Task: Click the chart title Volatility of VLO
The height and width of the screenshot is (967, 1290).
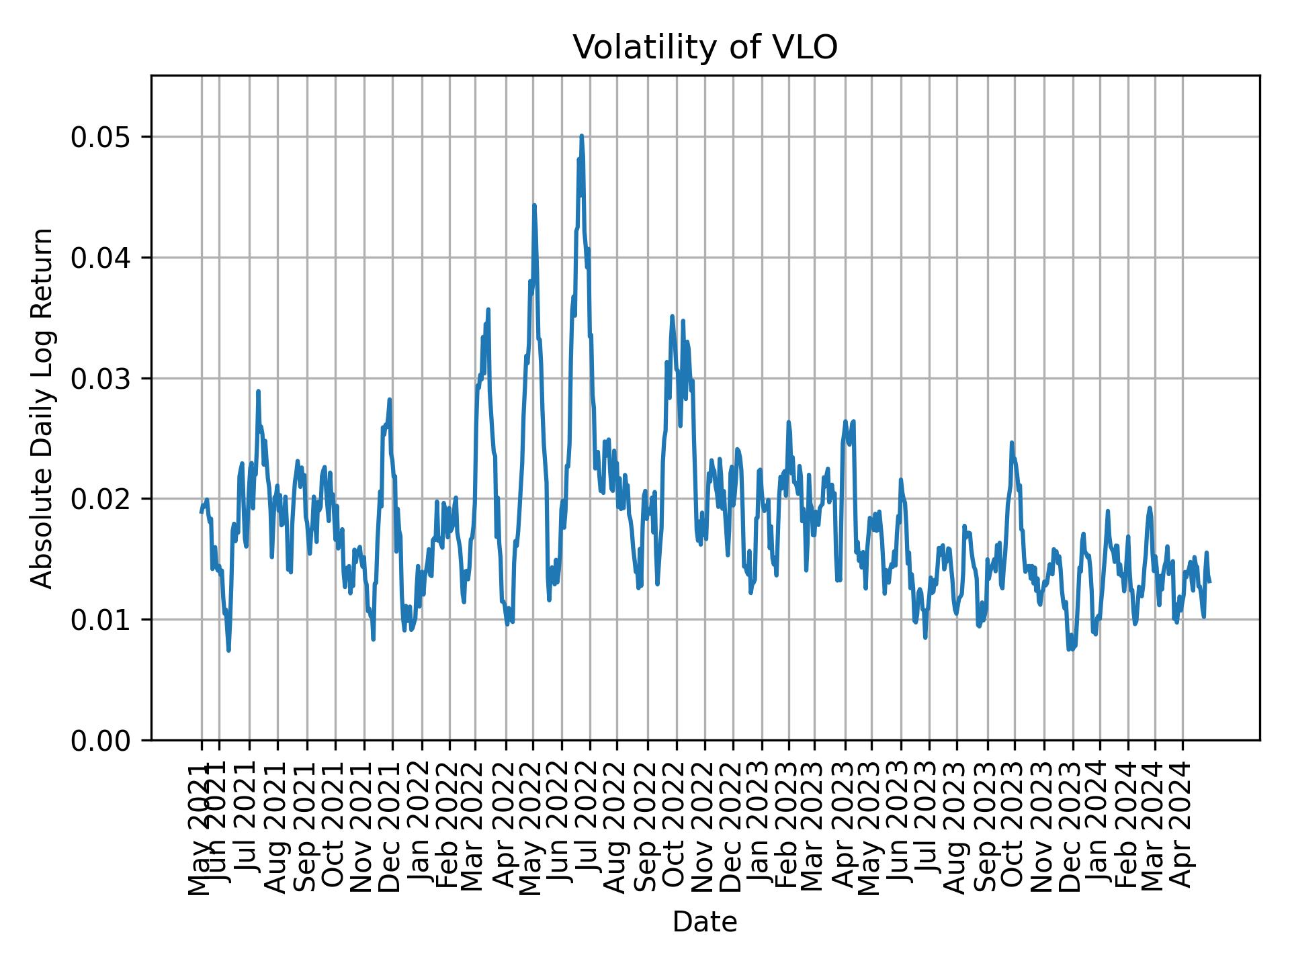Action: click(x=705, y=48)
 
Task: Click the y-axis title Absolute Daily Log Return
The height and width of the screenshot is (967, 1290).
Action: click(x=43, y=408)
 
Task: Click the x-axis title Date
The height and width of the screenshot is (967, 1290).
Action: click(x=705, y=922)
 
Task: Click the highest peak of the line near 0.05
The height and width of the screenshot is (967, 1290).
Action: click(x=582, y=136)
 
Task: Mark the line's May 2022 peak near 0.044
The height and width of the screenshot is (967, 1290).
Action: click(x=534, y=205)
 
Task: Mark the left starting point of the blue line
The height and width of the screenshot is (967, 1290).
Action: click(x=201, y=512)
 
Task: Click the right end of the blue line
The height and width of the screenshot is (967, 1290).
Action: click(x=1210, y=582)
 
